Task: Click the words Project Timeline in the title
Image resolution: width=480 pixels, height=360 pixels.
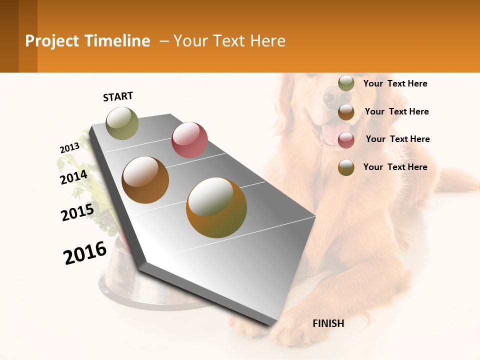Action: click(87, 41)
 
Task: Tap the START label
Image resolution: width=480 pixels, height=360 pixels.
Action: click(118, 96)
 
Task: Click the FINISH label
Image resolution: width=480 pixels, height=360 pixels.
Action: click(328, 323)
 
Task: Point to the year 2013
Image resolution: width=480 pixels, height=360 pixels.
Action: click(69, 148)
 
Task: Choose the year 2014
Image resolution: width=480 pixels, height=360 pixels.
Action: click(73, 177)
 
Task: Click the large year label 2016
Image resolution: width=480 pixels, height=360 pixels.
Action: click(85, 253)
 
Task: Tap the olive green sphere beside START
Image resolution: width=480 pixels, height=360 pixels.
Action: click(122, 123)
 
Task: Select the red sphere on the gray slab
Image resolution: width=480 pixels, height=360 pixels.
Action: click(189, 139)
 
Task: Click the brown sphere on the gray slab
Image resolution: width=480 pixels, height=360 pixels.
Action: click(145, 180)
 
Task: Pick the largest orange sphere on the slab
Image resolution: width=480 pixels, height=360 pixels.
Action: click(216, 207)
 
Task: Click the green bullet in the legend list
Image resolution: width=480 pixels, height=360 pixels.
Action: click(346, 83)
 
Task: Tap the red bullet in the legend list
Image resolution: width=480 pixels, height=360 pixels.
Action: click(346, 139)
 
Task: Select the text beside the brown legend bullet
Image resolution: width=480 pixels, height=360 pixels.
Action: click(396, 111)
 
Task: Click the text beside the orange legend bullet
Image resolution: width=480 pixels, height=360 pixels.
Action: click(395, 167)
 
